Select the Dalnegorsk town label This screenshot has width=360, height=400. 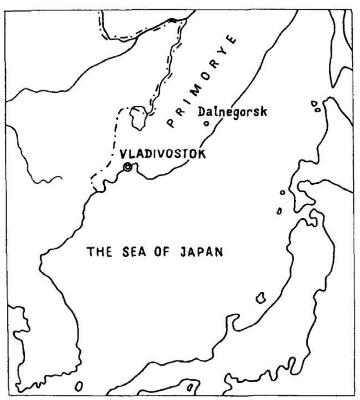pos(232,111)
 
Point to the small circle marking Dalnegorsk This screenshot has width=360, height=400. pos(207,124)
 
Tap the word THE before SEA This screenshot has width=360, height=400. pos(99,252)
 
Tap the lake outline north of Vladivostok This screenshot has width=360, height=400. pos(138,117)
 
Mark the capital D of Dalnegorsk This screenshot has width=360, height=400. pos(201,111)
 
